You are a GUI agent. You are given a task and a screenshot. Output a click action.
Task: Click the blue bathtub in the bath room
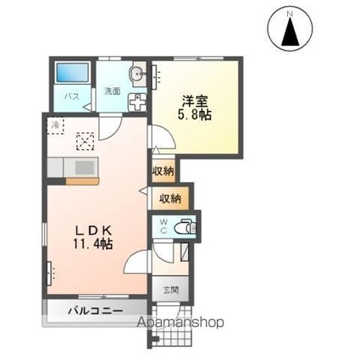coord(73,73)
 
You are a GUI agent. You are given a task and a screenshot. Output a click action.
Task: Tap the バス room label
coord(71,97)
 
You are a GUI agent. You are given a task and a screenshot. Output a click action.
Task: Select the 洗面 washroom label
coord(113,91)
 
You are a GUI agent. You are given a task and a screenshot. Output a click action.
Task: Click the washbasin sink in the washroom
coord(137,75)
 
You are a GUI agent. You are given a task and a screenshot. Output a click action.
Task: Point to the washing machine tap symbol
coord(137,102)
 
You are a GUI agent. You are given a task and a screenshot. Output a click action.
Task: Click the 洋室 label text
coord(195,102)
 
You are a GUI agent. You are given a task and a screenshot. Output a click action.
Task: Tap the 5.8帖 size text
coord(194,114)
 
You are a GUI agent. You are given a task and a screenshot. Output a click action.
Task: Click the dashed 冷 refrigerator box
coord(56,125)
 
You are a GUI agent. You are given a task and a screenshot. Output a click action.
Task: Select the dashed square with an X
coord(86,141)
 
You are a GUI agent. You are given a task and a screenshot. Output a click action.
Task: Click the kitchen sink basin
coord(85,168)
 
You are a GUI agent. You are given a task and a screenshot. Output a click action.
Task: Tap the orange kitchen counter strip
coord(82,181)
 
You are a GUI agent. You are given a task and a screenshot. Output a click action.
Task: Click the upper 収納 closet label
coord(163,171)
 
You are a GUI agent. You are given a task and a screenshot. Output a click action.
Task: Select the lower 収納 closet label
coord(170,199)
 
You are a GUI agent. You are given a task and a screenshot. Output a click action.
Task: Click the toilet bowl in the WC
coord(184,226)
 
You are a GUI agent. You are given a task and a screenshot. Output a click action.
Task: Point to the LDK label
coord(93,231)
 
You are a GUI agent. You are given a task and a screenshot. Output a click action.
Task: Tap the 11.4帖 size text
coord(93,243)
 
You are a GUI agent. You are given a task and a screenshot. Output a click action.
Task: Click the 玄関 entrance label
coord(171,290)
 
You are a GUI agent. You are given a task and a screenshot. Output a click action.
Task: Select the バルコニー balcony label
coord(96,311)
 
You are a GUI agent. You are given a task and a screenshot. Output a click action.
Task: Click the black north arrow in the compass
coord(291,31)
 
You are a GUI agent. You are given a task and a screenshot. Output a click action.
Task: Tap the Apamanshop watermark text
coord(180,322)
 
